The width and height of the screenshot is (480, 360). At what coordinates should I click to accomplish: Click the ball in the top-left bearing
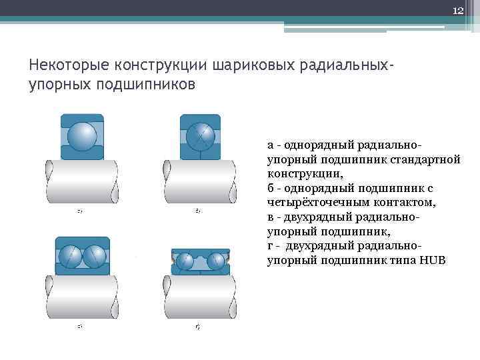point(83,137)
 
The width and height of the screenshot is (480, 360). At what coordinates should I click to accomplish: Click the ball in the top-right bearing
point(200,137)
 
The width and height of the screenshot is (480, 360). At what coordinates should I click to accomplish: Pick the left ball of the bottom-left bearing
point(70,257)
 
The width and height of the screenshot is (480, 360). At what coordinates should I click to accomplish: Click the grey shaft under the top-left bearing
point(82,181)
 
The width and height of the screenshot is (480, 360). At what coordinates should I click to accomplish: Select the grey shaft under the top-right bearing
point(200,181)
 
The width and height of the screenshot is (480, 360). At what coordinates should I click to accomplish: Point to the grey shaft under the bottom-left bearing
point(82,297)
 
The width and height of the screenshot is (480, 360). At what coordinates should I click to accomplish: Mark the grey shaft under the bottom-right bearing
point(200,297)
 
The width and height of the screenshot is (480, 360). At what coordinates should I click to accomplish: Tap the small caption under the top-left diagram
point(79,211)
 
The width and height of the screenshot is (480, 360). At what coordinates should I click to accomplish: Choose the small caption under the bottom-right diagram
point(197,327)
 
